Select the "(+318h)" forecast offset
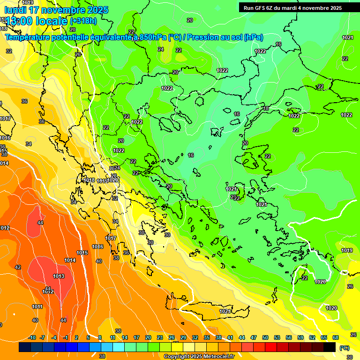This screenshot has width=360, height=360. (83, 21)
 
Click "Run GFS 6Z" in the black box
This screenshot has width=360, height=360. (260, 8)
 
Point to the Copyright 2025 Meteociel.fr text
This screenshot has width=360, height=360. (199, 357)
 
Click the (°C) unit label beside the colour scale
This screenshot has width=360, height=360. (344, 348)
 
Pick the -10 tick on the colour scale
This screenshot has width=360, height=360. (32, 337)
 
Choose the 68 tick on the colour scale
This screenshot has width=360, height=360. (336, 337)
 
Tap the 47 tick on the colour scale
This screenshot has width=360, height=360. (254, 337)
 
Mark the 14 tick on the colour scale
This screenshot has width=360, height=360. (125, 337)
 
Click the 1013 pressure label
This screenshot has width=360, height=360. (59, 276)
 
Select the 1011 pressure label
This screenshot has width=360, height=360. (37, 307)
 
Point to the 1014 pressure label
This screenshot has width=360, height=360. (70, 260)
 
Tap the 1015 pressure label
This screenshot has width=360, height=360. (82, 253)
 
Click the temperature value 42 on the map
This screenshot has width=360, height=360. (18, 267)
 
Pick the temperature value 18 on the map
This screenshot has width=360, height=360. (266, 108)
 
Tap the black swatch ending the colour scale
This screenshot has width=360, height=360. (330, 347)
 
